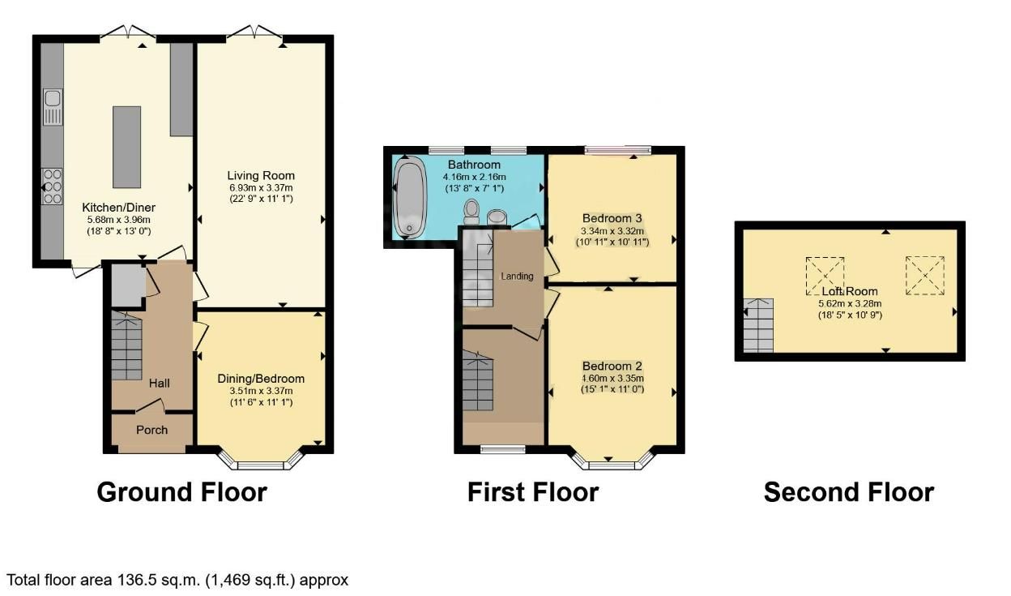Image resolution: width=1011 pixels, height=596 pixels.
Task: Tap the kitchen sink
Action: [53, 108]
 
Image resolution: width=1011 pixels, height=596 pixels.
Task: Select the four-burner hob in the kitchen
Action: [53, 186]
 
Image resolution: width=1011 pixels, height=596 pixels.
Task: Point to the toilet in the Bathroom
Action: [471, 212]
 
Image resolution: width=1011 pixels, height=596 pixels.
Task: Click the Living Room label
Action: [261, 175]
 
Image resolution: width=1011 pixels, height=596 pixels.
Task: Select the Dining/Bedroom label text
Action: [261, 379]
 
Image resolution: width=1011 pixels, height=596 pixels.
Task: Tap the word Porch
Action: [151, 430]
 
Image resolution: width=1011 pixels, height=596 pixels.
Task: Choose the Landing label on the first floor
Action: [517, 277]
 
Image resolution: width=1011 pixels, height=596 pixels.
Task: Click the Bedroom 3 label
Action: [612, 218]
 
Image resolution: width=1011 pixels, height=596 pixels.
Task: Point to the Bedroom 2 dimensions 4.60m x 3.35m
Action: [612, 378]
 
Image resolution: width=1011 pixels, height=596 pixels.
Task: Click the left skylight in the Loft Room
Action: [825, 277]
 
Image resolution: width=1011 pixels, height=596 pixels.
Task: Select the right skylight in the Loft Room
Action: [925, 276]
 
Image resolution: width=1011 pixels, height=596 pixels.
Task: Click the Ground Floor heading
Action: [181, 492]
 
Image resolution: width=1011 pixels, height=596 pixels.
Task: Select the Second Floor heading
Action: [848, 492]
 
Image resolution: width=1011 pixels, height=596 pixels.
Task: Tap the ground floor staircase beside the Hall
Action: [127, 348]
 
